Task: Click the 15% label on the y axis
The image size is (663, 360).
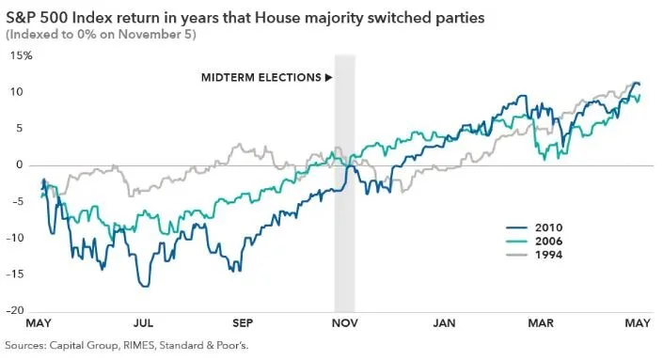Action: click(21, 55)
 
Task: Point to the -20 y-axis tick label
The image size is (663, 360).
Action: click(15, 310)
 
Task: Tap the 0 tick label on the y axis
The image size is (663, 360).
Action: click(20, 165)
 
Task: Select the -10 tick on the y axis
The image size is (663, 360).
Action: click(15, 238)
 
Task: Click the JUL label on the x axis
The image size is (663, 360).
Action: click(143, 323)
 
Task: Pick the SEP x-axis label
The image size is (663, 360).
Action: click(243, 323)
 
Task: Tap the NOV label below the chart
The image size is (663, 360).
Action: click(344, 323)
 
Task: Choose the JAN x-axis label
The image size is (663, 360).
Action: click(445, 323)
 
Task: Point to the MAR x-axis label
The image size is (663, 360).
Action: click(541, 323)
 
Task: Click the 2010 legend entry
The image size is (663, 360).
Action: click(534, 227)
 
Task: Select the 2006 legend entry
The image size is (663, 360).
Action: click(534, 242)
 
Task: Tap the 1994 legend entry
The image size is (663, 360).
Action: click(534, 255)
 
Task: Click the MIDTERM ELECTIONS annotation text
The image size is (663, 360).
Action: click(261, 78)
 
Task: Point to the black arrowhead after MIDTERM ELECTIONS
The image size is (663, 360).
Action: click(328, 78)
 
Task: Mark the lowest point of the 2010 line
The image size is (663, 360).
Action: click(146, 287)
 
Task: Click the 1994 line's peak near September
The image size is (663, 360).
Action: click(239, 145)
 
